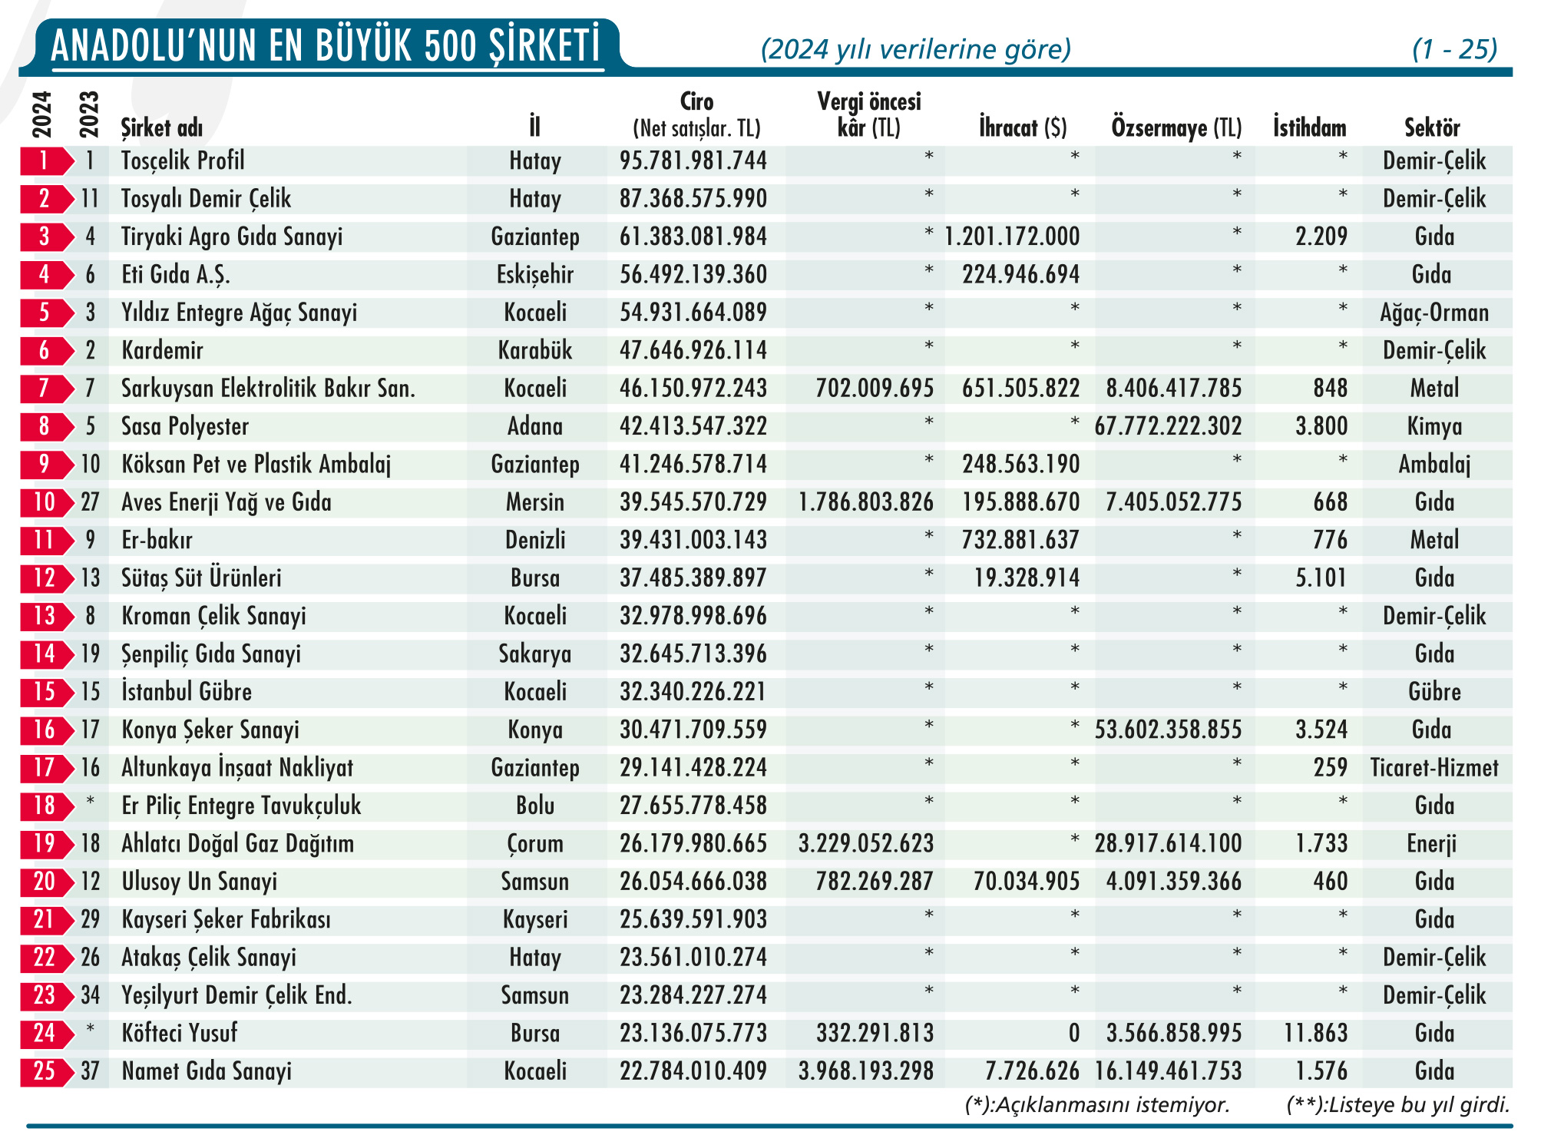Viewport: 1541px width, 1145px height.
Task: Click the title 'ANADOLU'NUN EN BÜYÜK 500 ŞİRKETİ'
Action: tap(326, 45)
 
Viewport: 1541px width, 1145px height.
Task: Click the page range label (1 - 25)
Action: tap(1453, 49)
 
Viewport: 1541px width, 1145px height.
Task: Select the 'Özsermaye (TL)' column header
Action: tap(1176, 127)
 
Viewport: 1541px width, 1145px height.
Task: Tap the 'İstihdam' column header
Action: tap(1309, 127)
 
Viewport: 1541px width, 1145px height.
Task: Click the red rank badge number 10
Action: tap(45, 502)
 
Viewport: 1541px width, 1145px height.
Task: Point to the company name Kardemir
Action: tap(162, 350)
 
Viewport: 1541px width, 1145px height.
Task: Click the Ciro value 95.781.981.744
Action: tap(693, 160)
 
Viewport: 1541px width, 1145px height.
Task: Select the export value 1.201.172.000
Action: tap(1011, 237)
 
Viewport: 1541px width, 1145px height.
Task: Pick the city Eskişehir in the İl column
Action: tap(534, 274)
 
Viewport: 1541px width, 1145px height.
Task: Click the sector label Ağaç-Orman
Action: tap(1434, 313)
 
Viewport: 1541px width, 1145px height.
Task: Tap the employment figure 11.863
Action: tap(1315, 1033)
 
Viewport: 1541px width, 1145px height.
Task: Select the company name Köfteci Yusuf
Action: tap(180, 1033)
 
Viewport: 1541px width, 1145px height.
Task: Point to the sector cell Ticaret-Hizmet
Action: tap(1434, 768)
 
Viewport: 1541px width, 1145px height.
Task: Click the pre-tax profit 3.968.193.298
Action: tap(865, 1071)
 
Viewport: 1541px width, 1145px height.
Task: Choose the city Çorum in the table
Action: tap(534, 844)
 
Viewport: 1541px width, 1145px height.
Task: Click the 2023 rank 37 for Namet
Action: tap(90, 1071)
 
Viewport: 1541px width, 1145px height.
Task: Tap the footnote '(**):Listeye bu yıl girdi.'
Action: tap(1397, 1105)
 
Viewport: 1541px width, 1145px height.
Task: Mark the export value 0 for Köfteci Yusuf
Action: tap(1073, 1034)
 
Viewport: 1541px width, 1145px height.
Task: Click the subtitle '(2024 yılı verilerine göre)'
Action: tap(915, 49)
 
